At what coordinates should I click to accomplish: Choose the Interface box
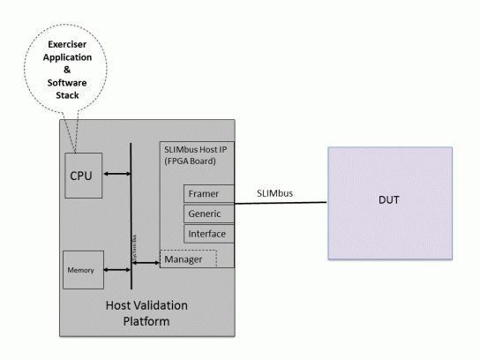(x=206, y=234)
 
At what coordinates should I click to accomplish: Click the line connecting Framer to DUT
(x=282, y=203)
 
